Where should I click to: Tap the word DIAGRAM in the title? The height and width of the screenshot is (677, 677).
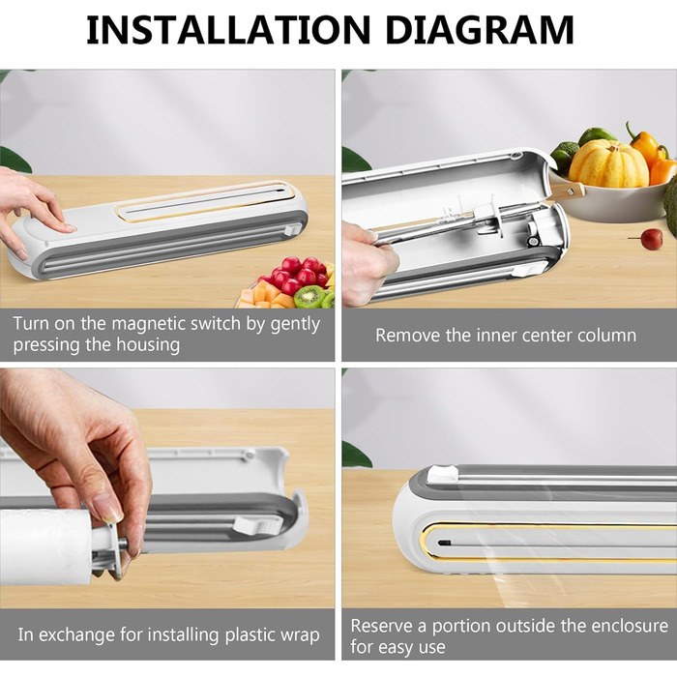point(480,29)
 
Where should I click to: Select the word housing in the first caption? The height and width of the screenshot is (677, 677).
point(148,345)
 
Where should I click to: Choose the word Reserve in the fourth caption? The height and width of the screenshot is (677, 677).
point(382,626)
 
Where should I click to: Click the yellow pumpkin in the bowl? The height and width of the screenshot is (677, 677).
point(608,163)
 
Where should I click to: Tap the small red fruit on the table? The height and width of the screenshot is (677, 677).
point(651,239)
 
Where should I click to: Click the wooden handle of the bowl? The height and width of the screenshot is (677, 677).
point(567,191)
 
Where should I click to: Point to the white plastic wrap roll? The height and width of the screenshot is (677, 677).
point(45,545)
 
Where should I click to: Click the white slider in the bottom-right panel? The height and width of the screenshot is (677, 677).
point(443,474)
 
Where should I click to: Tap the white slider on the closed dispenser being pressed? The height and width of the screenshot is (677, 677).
point(293,229)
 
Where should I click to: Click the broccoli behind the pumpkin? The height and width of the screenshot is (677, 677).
point(565,154)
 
